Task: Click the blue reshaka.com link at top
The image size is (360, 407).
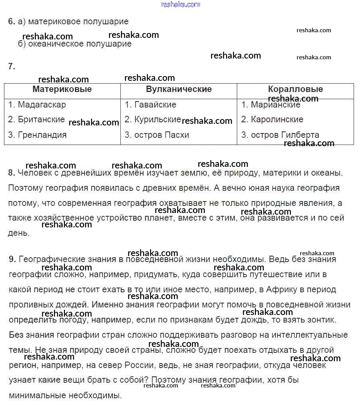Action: (180, 4)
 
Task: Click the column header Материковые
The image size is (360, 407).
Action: (62, 89)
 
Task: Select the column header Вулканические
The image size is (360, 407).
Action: (179, 89)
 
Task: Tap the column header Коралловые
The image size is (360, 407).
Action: (295, 89)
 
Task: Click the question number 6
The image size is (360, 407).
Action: (12, 22)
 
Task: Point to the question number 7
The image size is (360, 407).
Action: (12, 67)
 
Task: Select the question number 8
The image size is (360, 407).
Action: (12, 173)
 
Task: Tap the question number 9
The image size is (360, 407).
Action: (12, 259)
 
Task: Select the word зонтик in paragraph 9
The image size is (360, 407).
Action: (322, 320)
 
